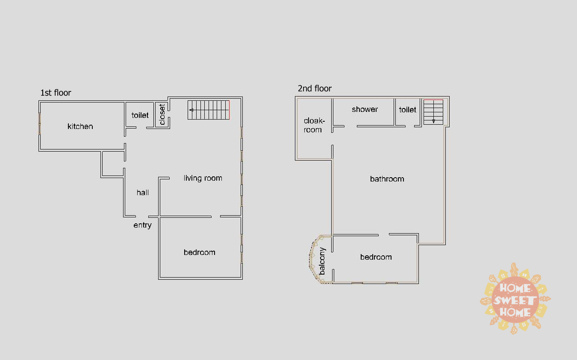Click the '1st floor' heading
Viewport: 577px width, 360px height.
click(56, 93)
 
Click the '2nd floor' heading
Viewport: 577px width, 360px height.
click(315, 88)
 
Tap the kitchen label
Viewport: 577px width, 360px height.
click(80, 126)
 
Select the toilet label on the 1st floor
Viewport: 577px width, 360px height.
click(140, 115)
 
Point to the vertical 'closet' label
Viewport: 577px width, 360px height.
click(162, 114)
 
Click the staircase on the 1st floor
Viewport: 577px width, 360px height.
click(209, 110)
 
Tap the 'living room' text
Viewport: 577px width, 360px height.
click(203, 178)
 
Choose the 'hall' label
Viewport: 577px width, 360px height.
click(143, 193)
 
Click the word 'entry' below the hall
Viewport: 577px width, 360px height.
click(142, 225)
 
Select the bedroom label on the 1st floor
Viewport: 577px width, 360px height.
click(199, 252)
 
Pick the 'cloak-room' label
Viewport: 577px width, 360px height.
click(314, 125)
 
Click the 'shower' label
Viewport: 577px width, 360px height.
click(365, 109)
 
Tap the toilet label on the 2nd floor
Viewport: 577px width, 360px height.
click(407, 110)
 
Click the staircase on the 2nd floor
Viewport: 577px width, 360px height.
click(433, 112)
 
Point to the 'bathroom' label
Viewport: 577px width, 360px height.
click(387, 179)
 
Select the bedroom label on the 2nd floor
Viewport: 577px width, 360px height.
click(376, 257)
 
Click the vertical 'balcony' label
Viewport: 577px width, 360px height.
click(322, 261)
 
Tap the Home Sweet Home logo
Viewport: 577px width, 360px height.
click(515, 299)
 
